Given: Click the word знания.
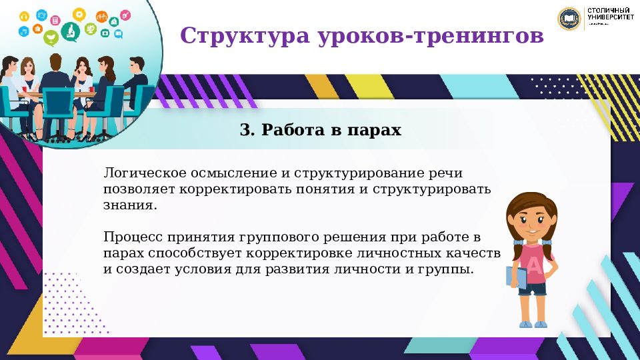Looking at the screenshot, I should [x=130, y=205].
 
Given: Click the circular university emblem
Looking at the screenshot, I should [x=569, y=19].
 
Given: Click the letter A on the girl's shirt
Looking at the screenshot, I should [x=535, y=265].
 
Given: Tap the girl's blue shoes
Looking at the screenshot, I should [x=533, y=323].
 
